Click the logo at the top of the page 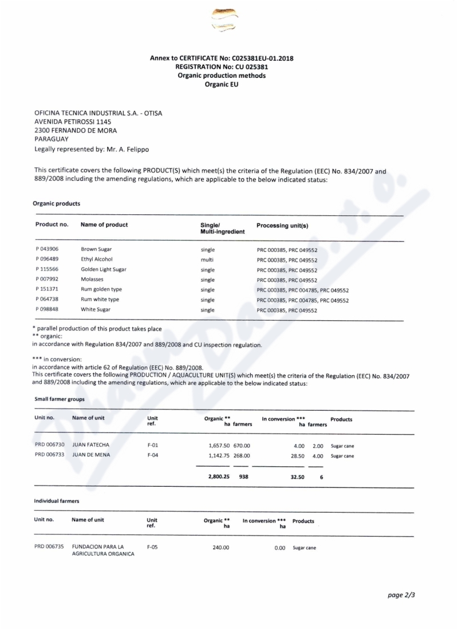tap(224, 20)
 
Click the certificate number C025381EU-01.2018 tap(262, 58)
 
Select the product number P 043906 tap(47, 249)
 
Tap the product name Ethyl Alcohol tap(97, 259)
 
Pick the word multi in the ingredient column tap(207, 259)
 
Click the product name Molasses tap(92, 279)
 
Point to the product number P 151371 tap(47, 290)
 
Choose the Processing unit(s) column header tap(282, 226)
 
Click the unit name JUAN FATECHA tap(90, 445)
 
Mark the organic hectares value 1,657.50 tap(219, 445)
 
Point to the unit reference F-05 tap(152, 547)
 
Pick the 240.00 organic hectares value tap(220, 548)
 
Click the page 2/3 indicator tap(401, 594)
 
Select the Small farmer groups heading tap(60, 399)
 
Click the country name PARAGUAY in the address tap(52, 139)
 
